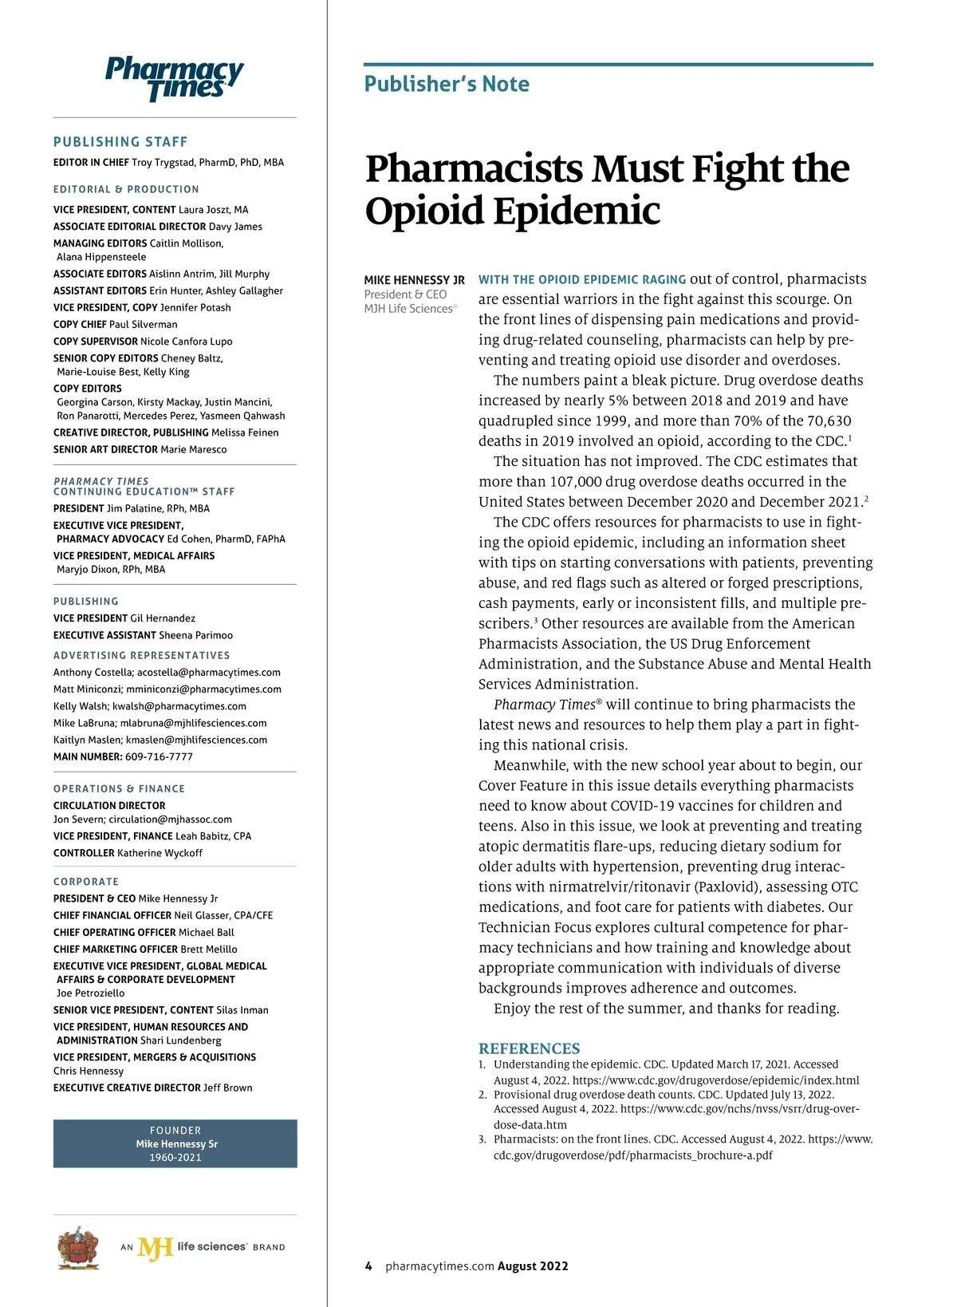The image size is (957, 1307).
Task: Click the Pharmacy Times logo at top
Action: point(174,78)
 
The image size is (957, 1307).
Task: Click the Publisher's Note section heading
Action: point(447,84)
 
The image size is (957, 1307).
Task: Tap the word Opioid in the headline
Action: point(423,211)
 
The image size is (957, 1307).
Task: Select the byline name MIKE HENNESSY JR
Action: point(414,280)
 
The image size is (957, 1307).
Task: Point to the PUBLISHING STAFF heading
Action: point(120,142)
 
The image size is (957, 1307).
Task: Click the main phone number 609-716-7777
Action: point(159,756)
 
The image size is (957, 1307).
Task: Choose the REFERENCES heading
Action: point(529,1048)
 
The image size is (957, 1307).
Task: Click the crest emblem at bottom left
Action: point(78,1247)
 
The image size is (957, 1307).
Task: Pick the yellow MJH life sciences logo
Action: point(155,1247)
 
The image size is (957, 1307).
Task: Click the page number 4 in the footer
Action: point(368,1266)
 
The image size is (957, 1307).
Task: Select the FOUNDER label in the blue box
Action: point(175,1131)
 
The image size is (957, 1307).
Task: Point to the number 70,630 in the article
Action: point(824,421)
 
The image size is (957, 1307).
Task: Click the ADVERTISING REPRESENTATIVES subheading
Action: point(142,656)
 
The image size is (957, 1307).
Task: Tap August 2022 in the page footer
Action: point(533,1266)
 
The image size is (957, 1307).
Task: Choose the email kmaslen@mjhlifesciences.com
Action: point(196,740)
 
